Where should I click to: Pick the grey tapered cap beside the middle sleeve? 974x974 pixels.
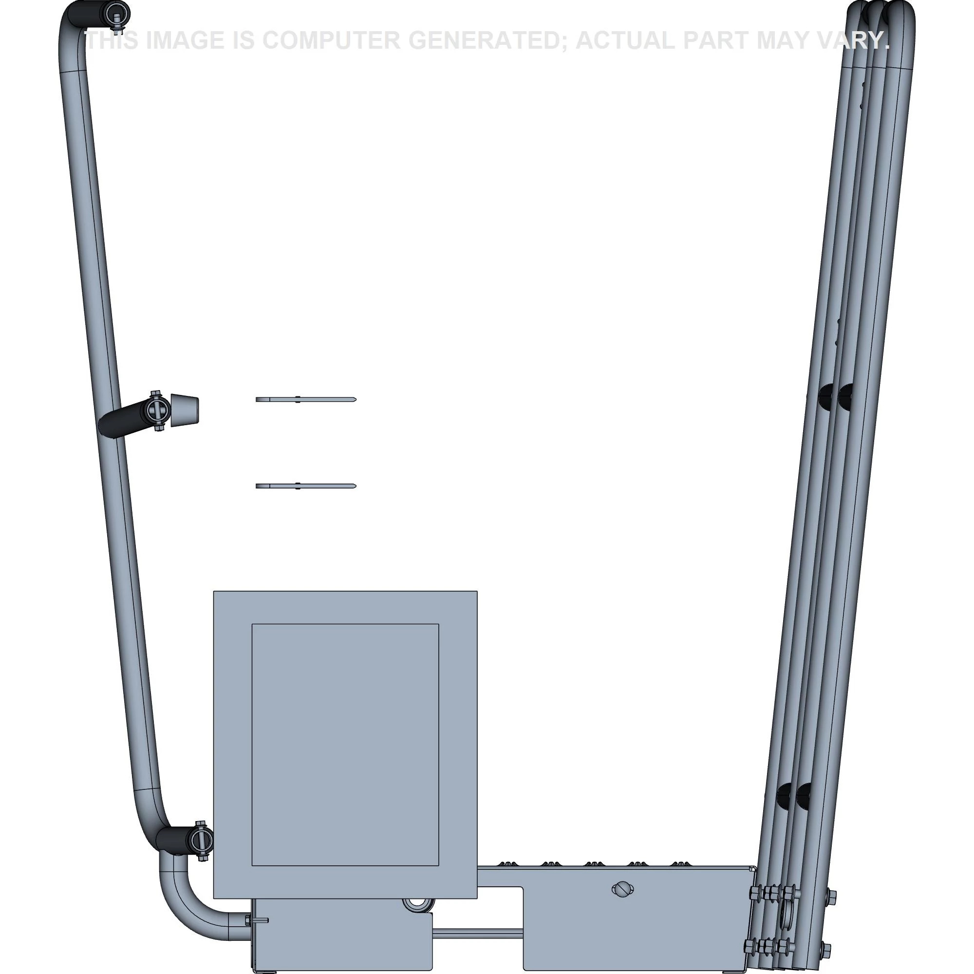click(185, 411)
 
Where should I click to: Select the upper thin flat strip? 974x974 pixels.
click(306, 400)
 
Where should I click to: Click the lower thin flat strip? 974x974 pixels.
click(306, 486)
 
